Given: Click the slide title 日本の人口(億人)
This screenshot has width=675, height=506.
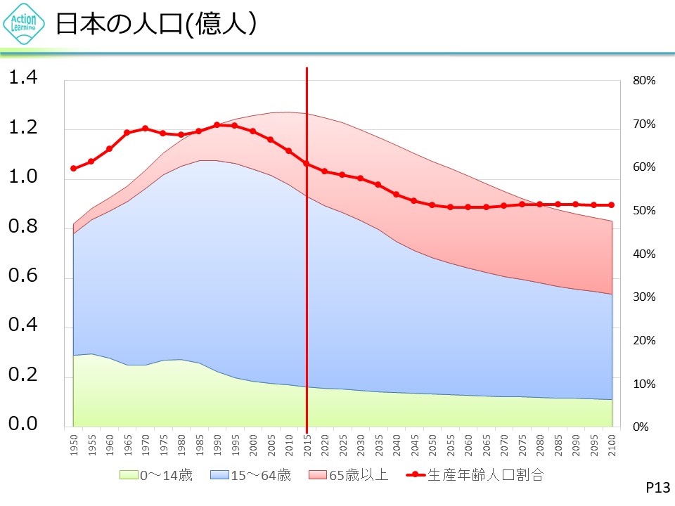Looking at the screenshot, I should click(x=155, y=24).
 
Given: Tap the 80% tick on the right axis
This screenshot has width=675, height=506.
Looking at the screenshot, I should click(x=644, y=81).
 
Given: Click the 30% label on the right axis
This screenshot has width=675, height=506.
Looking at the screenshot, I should click(x=644, y=297).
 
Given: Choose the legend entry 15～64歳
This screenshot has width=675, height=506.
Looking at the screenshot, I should click(x=250, y=475).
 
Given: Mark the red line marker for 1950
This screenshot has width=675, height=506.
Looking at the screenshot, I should click(x=73, y=169).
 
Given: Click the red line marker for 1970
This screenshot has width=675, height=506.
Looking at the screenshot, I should click(x=145, y=129).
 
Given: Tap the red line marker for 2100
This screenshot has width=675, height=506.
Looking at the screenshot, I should click(x=612, y=205).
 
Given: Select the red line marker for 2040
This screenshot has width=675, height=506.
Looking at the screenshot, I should click(x=397, y=195).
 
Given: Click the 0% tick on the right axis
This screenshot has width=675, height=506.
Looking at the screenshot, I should click(x=641, y=427).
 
